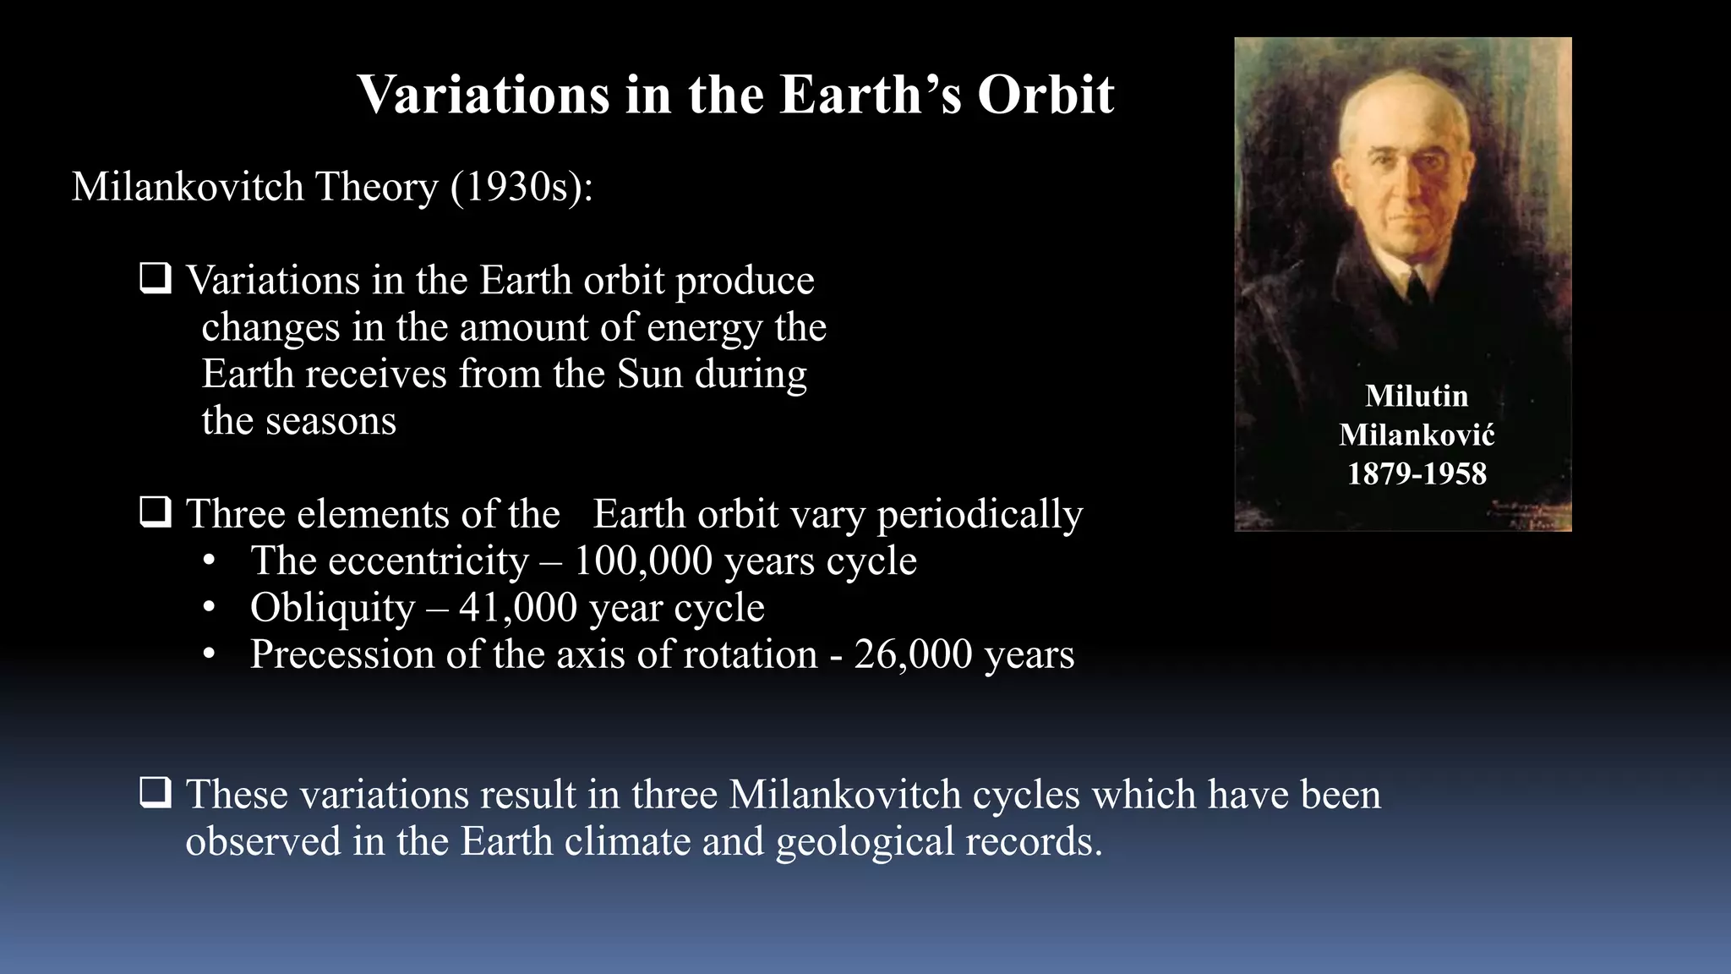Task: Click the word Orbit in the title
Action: (x=1046, y=94)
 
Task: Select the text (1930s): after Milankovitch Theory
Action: (x=521, y=187)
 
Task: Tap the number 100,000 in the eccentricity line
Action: (x=643, y=561)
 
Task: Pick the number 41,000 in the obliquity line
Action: (x=518, y=607)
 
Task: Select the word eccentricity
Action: (x=429, y=561)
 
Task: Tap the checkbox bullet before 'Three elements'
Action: (x=156, y=512)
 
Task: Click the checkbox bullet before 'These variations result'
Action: (x=156, y=793)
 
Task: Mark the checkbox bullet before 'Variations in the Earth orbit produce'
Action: (x=156, y=278)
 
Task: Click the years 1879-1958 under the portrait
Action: (x=1417, y=473)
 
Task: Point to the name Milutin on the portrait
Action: (x=1417, y=396)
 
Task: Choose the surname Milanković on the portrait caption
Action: (x=1417, y=435)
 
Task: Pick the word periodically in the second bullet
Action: (x=980, y=514)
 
